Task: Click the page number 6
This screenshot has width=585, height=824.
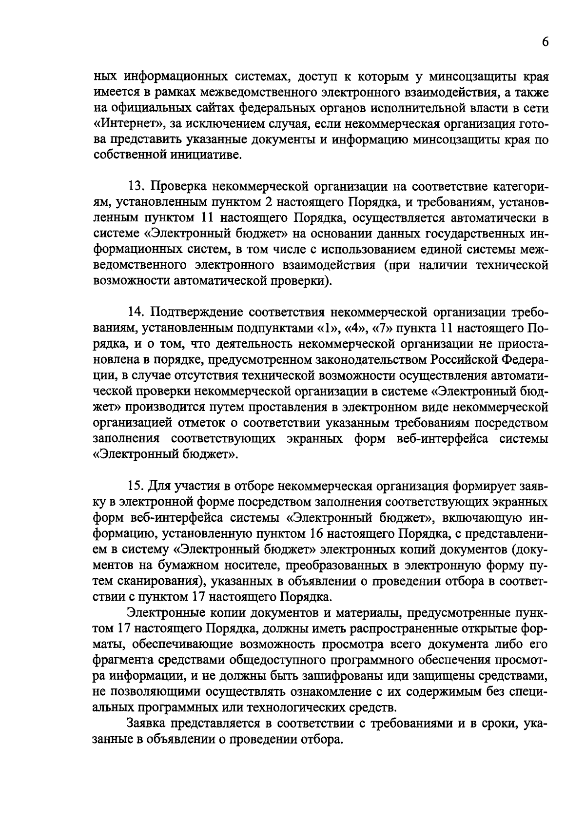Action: (x=545, y=42)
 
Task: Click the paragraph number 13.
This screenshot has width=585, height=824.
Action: (x=136, y=186)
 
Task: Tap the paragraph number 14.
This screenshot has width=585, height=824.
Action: (x=136, y=312)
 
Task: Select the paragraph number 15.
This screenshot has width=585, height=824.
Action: (x=136, y=487)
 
